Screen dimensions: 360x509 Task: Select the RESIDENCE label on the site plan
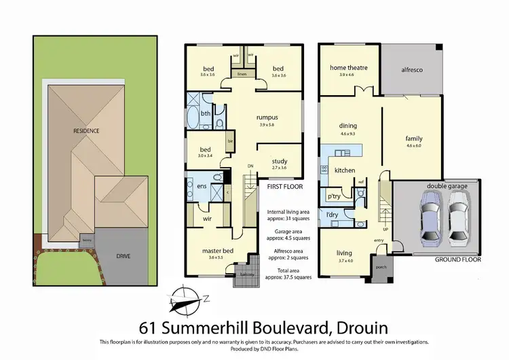click(87, 130)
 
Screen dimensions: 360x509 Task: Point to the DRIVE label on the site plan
click(122, 256)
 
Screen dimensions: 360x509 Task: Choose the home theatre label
click(347, 67)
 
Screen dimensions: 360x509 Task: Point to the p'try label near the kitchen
click(333, 196)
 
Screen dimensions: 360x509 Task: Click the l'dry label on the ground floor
click(332, 215)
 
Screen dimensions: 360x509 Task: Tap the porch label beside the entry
click(379, 266)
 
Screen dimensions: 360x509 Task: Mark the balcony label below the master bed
click(246, 274)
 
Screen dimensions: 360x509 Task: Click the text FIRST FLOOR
click(284, 185)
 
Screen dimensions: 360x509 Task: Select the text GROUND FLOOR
click(458, 259)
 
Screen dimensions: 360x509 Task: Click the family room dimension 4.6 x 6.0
click(413, 145)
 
